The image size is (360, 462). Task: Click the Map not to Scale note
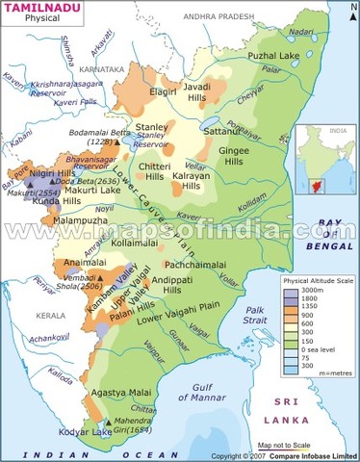pos(290,446)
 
